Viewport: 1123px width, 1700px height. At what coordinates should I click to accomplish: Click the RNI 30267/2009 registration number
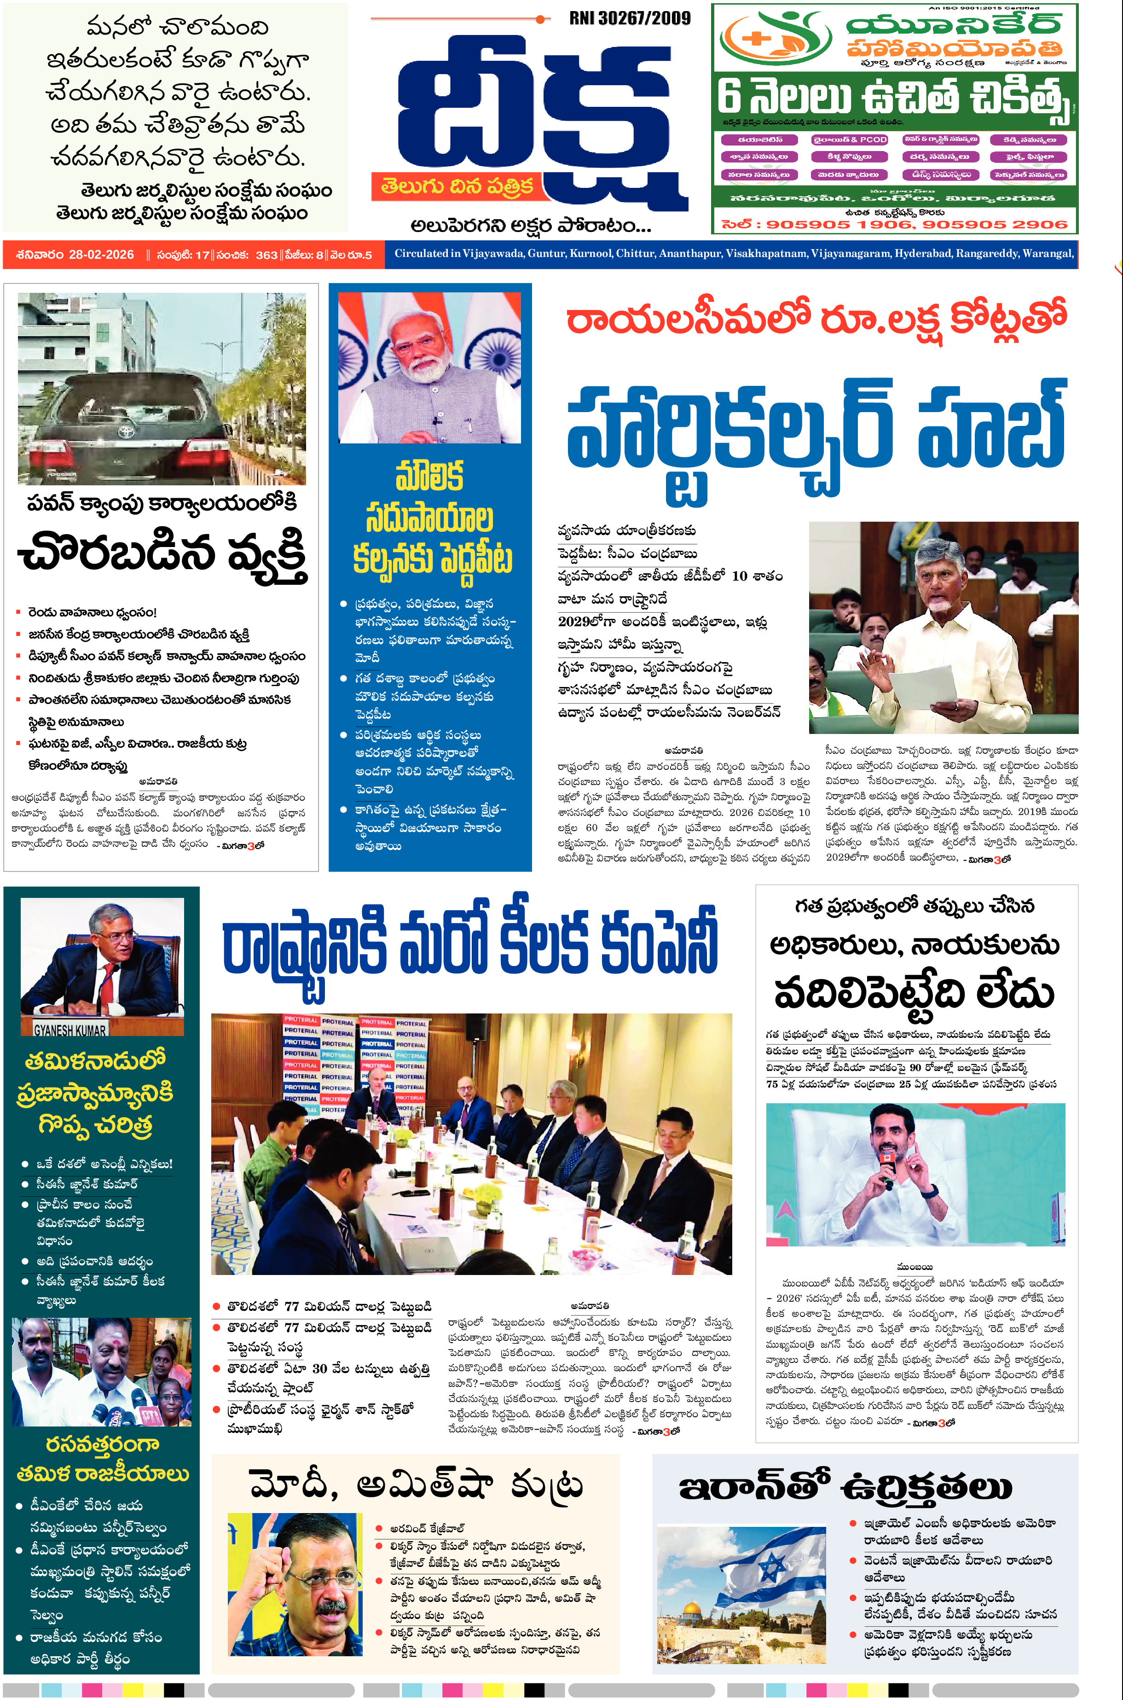tap(630, 18)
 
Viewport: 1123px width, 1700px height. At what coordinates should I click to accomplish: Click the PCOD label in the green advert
tap(873, 140)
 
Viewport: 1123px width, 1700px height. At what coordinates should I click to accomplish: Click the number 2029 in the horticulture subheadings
tap(573, 621)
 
